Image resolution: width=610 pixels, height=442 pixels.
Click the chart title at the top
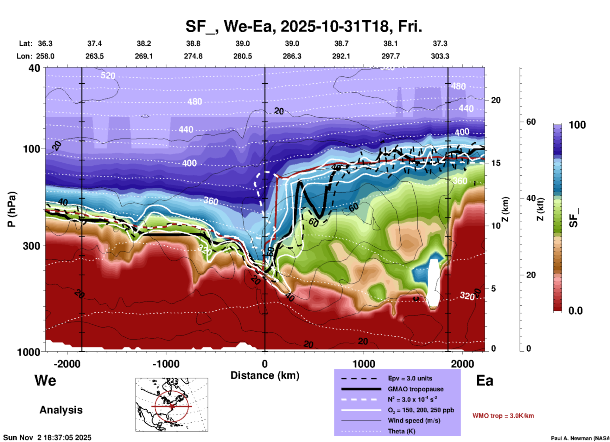coord(303,26)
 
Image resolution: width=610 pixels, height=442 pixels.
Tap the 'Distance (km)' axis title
coord(265,375)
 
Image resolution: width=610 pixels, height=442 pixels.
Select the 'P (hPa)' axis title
coord(12,209)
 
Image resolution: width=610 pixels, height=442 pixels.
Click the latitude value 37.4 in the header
coord(94,43)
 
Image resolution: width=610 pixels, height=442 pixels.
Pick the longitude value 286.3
coord(292,56)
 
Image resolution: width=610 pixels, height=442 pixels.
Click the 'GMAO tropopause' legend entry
coord(416,389)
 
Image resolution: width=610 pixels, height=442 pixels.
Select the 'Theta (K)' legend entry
coord(401,431)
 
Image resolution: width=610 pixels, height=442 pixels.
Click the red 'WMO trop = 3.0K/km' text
coord(503,416)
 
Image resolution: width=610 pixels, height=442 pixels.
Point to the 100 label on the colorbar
coord(577,125)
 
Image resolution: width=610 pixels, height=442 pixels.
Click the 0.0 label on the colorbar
coord(575,311)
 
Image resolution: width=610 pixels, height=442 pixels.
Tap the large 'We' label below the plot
coord(45,380)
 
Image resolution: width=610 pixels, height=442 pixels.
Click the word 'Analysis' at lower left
coord(61,410)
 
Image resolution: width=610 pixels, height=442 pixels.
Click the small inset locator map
coord(172,404)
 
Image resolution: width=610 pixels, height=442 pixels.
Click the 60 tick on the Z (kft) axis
coord(531,122)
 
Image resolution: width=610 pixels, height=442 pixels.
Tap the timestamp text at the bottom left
coord(48,438)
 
